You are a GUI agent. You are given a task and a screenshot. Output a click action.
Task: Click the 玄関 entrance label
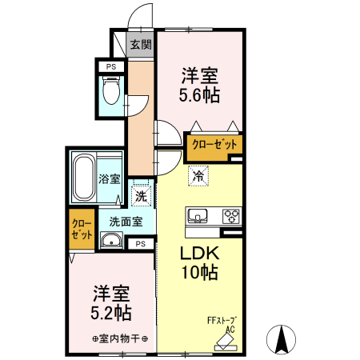pyautogui.click(x=141, y=45)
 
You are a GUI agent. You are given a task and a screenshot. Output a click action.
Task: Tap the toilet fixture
pyautogui.click(x=112, y=90)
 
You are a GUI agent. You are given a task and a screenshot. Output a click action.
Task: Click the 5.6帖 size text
pyautogui.click(x=199, y=94)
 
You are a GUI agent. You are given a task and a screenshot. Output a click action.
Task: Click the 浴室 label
pyautogui.click(x=109, y=180)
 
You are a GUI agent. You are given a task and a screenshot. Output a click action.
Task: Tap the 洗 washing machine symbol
pyautogui.click(x=141, y=196)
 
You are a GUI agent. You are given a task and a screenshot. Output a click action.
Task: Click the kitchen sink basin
pyautogui.click(x=198, y=215)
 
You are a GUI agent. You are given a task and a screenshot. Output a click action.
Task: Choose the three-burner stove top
pyautogui.click(x=230, y=215)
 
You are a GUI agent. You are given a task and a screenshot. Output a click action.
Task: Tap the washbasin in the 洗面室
pyautogui.click(x=110, y=242)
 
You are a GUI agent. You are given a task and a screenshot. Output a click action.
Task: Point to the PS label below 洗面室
pyautogui.click(x=141, y=243)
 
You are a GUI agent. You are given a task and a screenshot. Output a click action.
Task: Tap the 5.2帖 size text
pyautogui.click(x=111, y=310)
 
